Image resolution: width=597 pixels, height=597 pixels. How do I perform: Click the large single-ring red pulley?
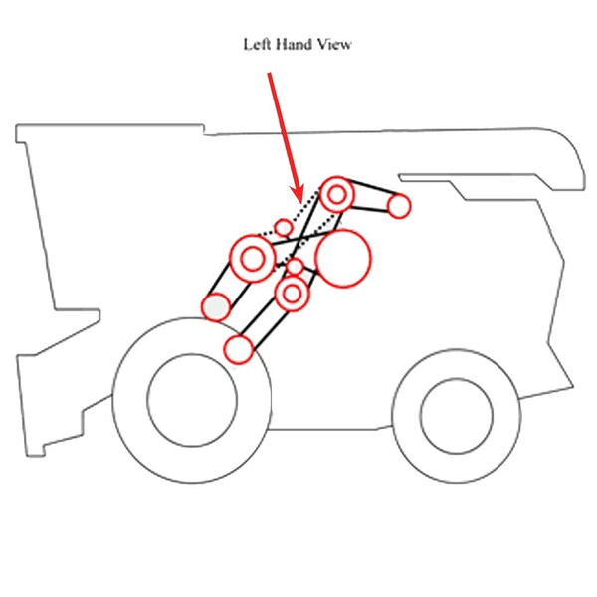[x=342, y=257]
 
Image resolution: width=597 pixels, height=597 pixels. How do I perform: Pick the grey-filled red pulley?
[x=216, y=307]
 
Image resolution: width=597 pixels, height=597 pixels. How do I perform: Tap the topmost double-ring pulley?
[x=337, y=194]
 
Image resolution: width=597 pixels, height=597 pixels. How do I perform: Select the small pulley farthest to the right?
[x=399, y=206]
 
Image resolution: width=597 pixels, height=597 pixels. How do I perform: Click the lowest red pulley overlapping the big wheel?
[x=239, y=349]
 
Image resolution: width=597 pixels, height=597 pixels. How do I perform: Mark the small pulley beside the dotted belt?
[x=284, y=228]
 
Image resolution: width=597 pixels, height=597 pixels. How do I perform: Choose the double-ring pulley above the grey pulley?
[x=253, y=259]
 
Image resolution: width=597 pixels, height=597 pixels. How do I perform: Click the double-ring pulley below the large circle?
[x=293, y=294]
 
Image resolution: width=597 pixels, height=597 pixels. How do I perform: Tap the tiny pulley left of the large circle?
[x=296, y=267]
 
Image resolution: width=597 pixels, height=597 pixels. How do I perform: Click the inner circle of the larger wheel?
[x=192, y=399]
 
